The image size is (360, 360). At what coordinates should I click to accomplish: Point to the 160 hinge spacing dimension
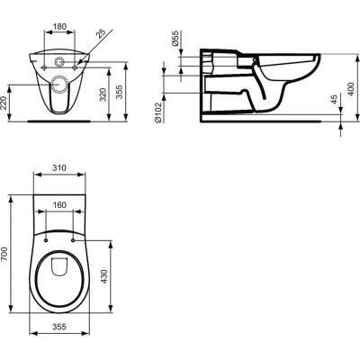(x=59, y=203)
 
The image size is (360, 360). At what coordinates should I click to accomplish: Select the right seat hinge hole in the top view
(x=74, y=238)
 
